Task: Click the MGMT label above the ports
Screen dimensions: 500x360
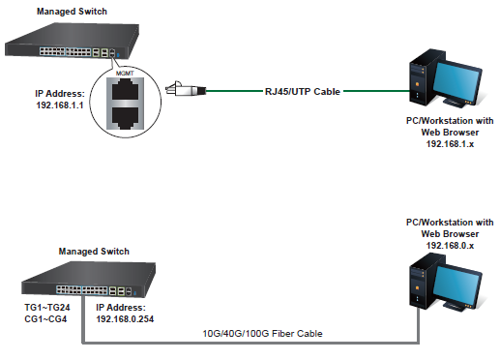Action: [x=125, y=74]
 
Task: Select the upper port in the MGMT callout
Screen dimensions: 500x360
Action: [x=126, y=90]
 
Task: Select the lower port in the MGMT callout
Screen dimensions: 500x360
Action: [x=126, y=117]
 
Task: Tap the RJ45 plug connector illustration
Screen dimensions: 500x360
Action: [x=186, y=89]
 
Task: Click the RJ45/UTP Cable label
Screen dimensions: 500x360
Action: [x=303, y=92]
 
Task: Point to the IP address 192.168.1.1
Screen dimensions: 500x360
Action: [x=60, y=105]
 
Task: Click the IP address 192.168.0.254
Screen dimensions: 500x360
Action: [x=125, y=319]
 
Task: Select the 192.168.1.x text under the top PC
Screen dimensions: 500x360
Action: [x=450, y=144]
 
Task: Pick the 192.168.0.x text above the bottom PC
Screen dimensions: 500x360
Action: [x=450, y=246]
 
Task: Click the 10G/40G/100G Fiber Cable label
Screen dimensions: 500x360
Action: [x=262, y=334]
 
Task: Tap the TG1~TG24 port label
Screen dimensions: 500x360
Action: [x=47, y=308]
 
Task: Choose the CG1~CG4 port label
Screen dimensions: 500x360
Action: [x=45, y=319]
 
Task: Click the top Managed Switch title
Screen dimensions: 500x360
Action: [x=72, y=12]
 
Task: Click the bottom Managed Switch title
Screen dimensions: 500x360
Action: [x=94, y=252]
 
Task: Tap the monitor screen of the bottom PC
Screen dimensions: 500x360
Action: [x=456, y=285]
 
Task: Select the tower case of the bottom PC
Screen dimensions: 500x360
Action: [x=422, y=283]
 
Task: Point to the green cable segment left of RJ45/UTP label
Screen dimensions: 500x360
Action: [x=234, y=91]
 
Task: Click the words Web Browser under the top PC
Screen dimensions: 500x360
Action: [x=450, y=133]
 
